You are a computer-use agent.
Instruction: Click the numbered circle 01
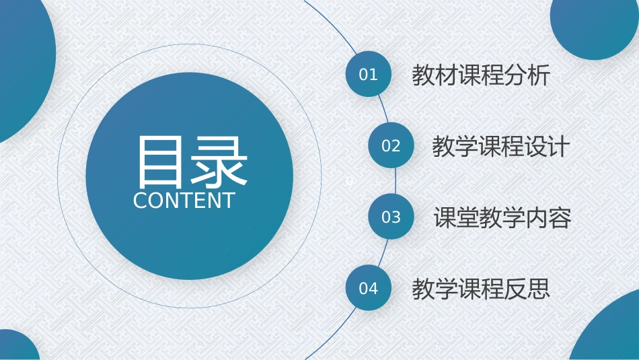[369, 74]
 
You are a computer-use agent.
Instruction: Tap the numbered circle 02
[391, 145]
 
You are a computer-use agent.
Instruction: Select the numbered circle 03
[391, 217]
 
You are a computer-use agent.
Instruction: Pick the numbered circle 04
[369, 288]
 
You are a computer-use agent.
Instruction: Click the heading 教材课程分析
[481, 75]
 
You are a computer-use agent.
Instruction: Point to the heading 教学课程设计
[501, 147]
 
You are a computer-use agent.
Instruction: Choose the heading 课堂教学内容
[502, 217]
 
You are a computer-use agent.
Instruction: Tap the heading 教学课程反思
[481, 289]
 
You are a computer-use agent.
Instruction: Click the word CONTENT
[184, 201]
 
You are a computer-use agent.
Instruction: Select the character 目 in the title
[159, 161]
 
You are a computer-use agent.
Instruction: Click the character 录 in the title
[219, 161]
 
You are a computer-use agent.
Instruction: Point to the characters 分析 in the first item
[527, 75]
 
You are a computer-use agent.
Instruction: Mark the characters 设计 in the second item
[548, 147]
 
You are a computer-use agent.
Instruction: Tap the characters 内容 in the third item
[548, 217]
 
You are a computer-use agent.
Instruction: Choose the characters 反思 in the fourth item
[527, 289]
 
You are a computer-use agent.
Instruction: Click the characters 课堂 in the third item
[456, 217]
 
